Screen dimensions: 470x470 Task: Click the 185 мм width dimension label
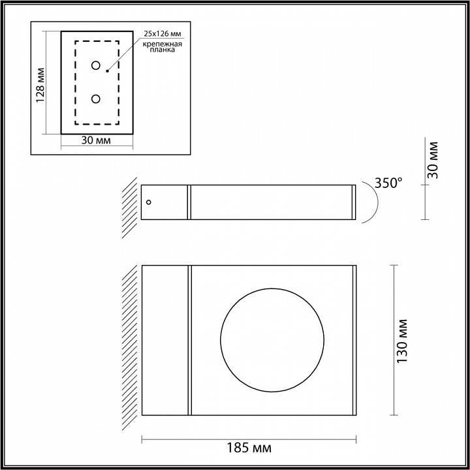(x=248, y=448)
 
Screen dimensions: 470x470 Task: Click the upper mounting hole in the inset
(x=96, y=66)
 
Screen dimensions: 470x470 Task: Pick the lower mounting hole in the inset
(x=96, y=99)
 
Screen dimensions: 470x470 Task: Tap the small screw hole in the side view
(x=149, y=202)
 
